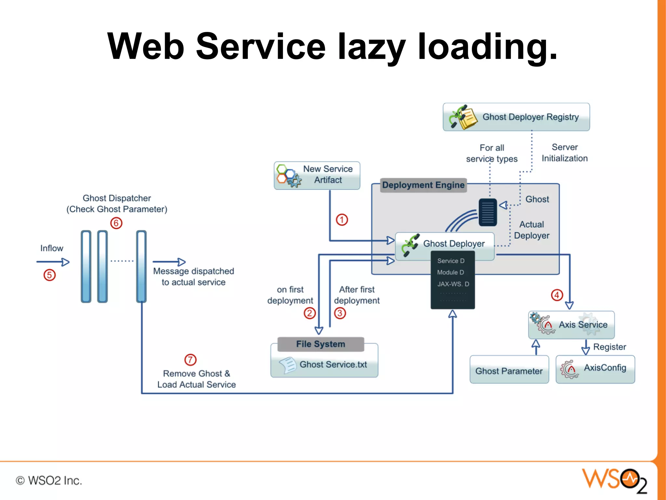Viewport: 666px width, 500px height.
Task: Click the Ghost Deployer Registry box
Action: point(516,117)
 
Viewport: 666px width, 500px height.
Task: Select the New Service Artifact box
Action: point(317,175)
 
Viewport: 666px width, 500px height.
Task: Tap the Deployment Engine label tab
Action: point(423,185)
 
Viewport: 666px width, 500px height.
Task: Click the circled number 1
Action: point(342,220)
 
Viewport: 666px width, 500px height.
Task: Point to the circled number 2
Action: point(310,313)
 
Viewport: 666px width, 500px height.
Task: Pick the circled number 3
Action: point(340,313)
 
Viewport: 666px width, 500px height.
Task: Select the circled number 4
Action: point(557,295)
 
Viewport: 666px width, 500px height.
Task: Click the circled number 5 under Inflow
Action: point(49,275)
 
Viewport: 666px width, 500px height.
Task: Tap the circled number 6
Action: point(116,223)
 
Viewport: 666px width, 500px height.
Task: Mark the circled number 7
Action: point(190,360)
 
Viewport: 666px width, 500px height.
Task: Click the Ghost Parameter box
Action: point(509,370)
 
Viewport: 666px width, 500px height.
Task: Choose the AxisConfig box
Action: point(595,369)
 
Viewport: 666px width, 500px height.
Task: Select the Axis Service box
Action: point(571,325)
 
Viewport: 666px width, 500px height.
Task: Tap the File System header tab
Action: point(321,344)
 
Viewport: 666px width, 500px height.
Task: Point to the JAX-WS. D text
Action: point(453,284)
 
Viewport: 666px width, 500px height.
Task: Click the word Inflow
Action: point(51,248)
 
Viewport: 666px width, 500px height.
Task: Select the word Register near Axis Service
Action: point(609,347)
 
